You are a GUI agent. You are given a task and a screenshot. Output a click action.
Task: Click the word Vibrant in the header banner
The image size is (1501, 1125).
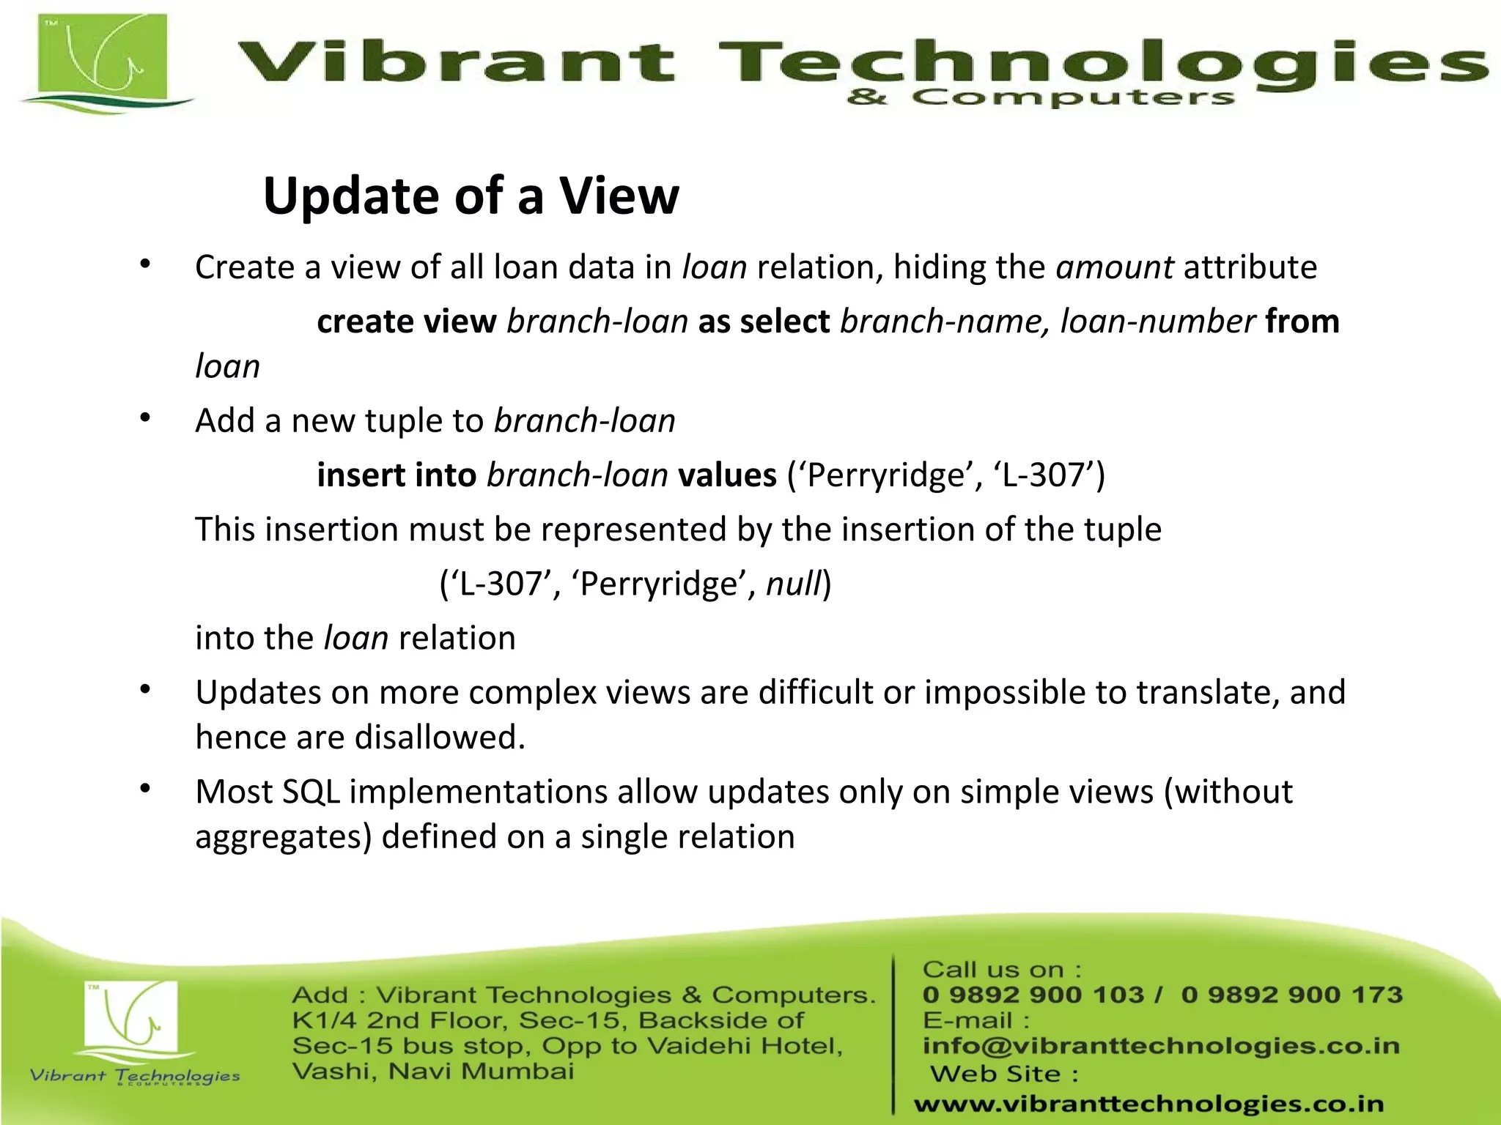coord(454,62)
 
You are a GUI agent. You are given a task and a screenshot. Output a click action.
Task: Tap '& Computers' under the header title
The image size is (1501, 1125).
coord(1041,97)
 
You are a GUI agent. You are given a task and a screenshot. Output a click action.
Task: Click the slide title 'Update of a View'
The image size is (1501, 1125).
coord(471,196)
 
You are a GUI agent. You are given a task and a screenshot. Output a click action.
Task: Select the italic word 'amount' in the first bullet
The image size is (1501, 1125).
coord(1114,267)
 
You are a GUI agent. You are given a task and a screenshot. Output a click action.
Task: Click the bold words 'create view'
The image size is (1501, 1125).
coord(407,322)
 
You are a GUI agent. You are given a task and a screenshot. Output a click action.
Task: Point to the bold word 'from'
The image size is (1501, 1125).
coord(1302,322)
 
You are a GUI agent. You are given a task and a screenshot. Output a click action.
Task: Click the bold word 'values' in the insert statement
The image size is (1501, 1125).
coord(727,475)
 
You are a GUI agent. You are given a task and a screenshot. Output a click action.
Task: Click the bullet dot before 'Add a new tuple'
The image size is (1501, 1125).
coord(145,418)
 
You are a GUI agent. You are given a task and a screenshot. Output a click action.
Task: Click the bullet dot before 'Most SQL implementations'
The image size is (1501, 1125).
coord(145,789)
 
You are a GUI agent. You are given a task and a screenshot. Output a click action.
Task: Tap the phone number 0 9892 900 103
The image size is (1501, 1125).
coord(1033,995)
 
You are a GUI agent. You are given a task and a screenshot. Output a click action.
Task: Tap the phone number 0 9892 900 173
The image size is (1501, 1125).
coord(1291,995)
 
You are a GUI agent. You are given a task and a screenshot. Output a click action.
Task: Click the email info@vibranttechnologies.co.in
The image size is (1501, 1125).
coord(1161,1046)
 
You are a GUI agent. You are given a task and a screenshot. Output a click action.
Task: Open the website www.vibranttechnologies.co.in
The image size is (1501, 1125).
coord(1148,1104)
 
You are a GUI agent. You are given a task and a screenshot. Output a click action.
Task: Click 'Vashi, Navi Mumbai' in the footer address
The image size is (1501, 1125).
coord(432,1072)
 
